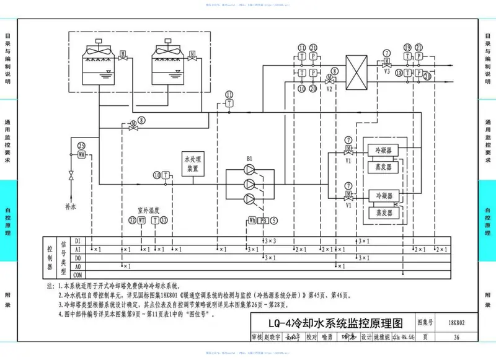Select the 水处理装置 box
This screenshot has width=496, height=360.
[192, 164]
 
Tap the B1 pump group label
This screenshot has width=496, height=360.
[249, 159]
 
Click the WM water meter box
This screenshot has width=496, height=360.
[81, 155]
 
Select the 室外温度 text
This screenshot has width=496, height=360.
[148, 210]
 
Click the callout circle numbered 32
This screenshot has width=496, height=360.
[131, 220]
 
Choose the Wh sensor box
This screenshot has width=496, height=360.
[252, 220]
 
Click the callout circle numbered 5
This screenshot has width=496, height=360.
[273, 220]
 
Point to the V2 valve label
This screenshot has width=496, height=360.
[330, 89]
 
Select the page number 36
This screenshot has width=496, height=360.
[456, 337]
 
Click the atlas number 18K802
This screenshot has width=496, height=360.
[456, 323]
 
